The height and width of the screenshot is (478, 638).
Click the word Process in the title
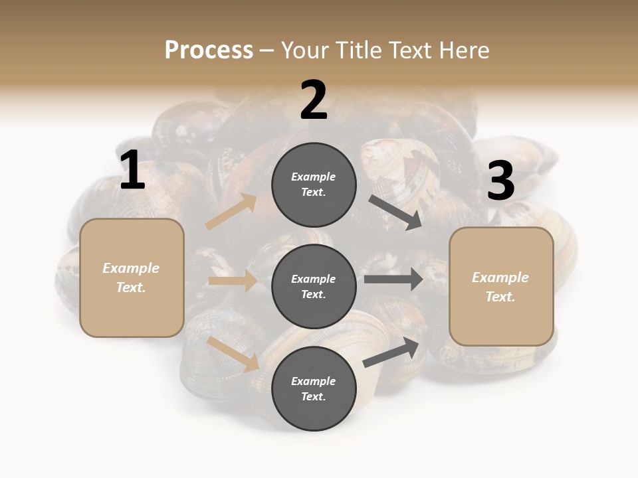pyautogui.click(x=209, y=50)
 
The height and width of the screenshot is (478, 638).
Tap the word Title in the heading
pyautogui.click(x=358, y=50)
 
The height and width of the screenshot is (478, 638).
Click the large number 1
pyautogui.click(x=132, y=171)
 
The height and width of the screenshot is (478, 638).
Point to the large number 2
pyautogui.click(x=314, y=100)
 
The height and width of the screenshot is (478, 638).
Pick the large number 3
pyautogui.click(x=500, y=181)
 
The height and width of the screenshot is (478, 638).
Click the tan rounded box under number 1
pyautogui.click(x=132, y=278)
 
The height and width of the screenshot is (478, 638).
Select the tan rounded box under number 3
pyautogui.click(x=501, y=286)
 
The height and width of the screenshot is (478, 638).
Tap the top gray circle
pyautogui.click(x=314, y=185)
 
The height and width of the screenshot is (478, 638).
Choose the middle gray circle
pyautogui.click(x=314, y=286)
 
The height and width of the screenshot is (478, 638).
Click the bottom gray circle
pyautogui.click(x=314, y=388)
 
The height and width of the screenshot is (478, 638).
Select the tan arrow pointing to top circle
pyautogui.click(x=231, y=212)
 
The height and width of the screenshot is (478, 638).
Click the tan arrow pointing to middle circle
pyautogui.click(x=233, y=281)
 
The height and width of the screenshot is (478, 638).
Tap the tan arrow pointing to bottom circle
pyautogui.click(x=233, y=354)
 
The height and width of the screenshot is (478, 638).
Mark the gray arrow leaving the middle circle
pyautogui.click(x=393, y=279)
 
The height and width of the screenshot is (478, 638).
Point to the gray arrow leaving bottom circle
pyautogui.click(x=392, y=352)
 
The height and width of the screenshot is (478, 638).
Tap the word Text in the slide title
pyautogui.click(x=408, y=50)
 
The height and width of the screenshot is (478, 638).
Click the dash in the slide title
pyautogui.click(x=267, y=51)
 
